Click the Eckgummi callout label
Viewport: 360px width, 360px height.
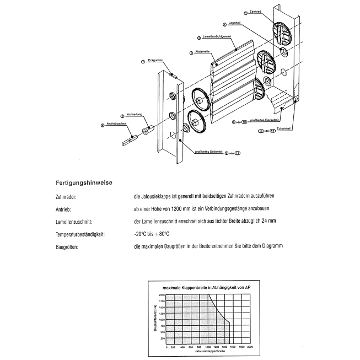(155, 60)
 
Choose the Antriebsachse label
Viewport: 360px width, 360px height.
(117, 125)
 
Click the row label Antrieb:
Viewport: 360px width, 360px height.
(65, 209)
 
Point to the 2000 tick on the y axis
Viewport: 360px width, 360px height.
(162, 295)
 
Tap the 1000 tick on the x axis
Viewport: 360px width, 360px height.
(208, 346)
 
